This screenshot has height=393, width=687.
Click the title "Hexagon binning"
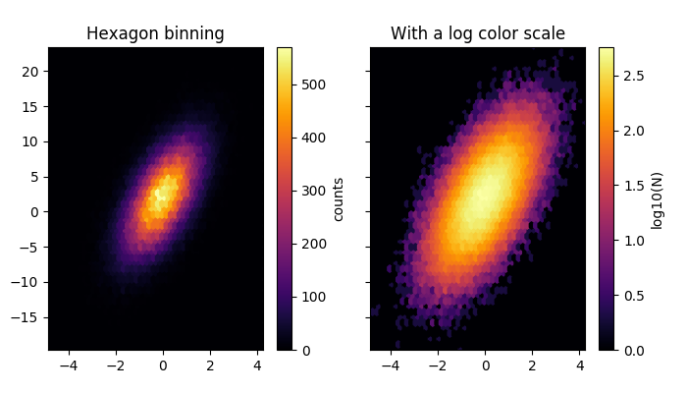[x=155, y=33]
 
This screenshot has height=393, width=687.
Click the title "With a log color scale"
[x=478, y=33]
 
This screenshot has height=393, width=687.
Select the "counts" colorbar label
[x=339, y=198]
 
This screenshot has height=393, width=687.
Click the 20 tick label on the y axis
[x=30, y=71]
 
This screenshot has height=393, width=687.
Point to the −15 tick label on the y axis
[x=26, y=317]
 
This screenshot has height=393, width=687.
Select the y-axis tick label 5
[x=34, y=177]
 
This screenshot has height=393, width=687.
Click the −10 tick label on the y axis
[x=26, y=282]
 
